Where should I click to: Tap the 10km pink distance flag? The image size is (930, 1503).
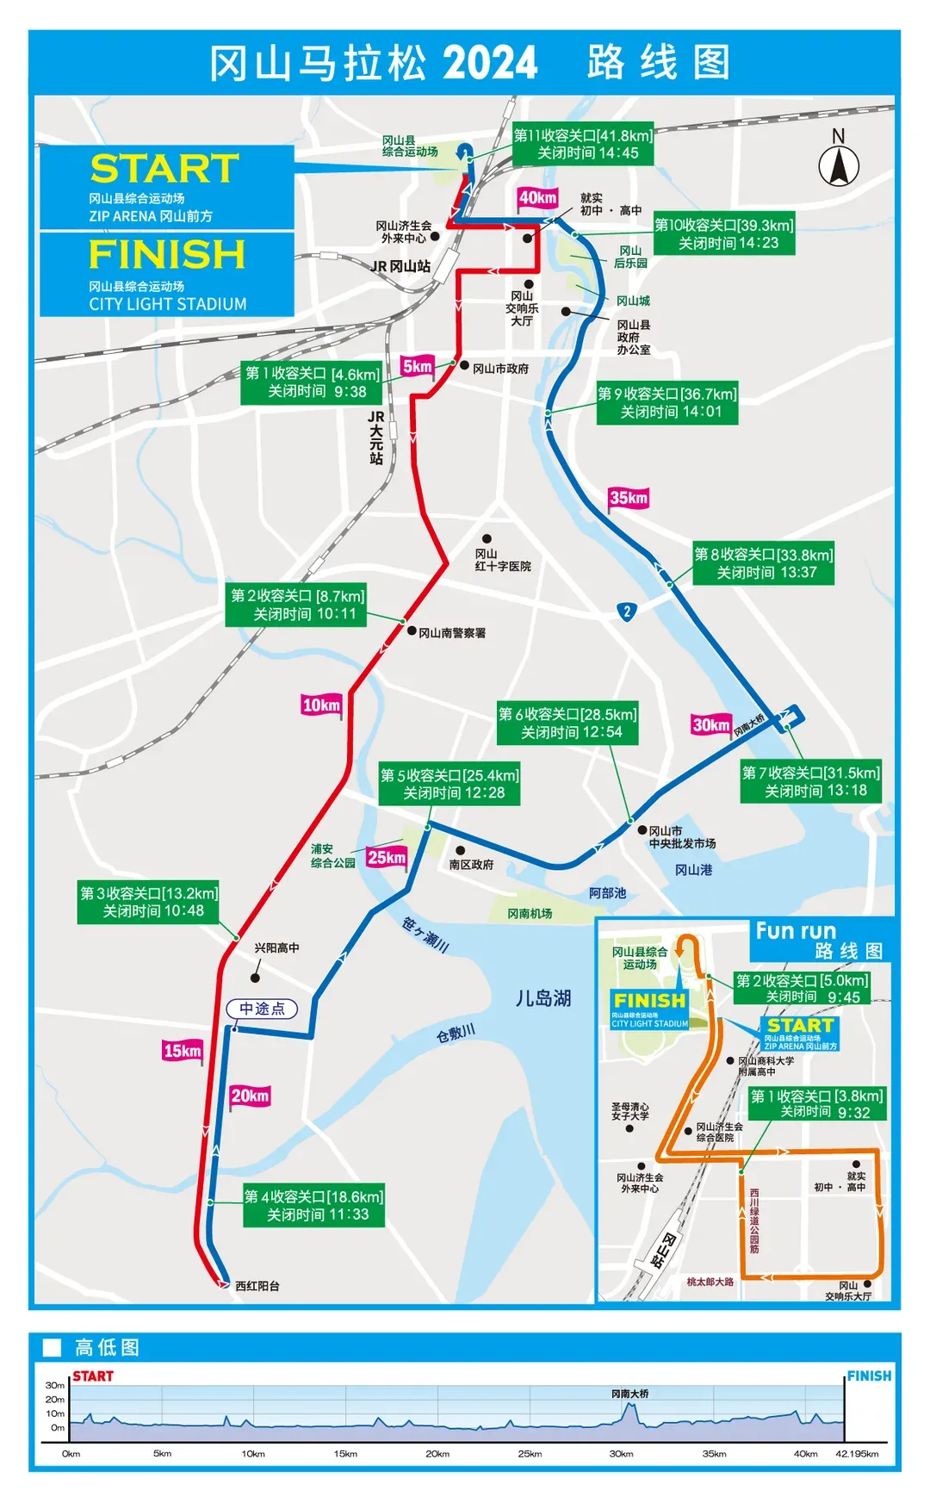point(321,705)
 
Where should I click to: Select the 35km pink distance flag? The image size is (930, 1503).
point(629,498)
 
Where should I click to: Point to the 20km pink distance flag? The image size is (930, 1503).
point(250,1096)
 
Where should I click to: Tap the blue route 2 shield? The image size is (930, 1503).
point(627,612)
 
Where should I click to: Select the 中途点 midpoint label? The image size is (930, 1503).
point(262,1009)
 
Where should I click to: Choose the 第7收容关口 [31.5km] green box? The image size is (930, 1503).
point(810,781)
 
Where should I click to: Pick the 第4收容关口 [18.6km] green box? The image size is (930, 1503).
point(313,1206)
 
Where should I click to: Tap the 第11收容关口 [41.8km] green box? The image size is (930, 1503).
point(583,144)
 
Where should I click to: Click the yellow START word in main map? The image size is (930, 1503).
point(164,169)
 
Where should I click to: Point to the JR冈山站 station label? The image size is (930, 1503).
point(400,267)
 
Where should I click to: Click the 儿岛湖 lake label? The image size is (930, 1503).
point(543,998)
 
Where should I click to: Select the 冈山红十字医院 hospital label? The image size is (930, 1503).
point(503,560)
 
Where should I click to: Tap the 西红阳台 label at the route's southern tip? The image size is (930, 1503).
point(257,1286)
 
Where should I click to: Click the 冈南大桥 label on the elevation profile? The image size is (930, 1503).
point(630,1394)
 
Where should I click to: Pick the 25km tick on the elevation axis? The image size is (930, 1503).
point(530,1454)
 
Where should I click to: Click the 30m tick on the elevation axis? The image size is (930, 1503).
point(55,1386)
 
